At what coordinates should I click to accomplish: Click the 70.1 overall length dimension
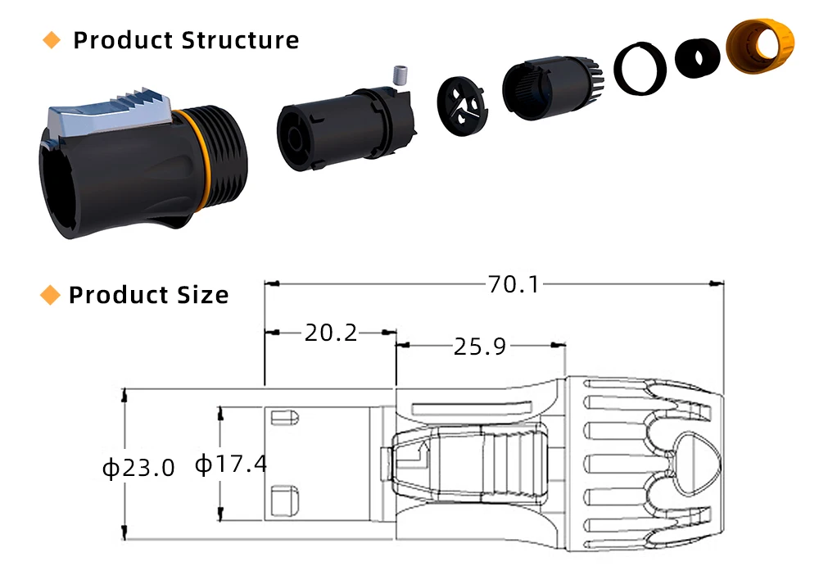point(514,284)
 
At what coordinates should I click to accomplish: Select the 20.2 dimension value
point(331,333)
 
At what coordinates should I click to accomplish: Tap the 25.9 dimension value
point(479,347)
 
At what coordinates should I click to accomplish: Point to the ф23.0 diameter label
point(138,468)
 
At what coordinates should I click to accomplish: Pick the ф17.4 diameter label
point(230,464)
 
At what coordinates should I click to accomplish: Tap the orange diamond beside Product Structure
point(51,40)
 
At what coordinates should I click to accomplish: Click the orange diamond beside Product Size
point(50,295)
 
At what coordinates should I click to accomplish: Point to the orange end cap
point(761,46)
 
